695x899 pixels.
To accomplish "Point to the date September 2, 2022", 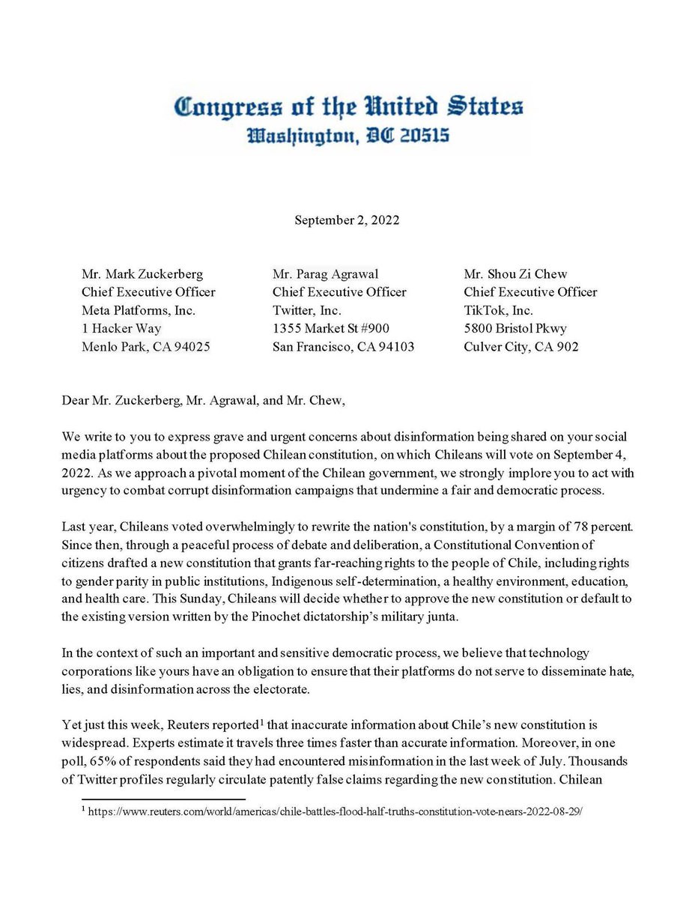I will [347, 220].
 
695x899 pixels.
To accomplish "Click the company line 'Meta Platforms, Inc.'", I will [137, 310].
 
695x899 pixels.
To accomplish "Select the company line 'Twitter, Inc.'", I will [306, 310].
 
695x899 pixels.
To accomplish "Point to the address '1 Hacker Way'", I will [121, 328].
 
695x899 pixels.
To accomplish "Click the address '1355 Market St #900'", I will [331, 328].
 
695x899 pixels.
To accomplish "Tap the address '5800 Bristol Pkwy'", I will [515, 328].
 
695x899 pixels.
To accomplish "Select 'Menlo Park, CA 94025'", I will [147, 346].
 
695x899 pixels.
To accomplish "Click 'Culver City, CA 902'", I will [521, 346].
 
